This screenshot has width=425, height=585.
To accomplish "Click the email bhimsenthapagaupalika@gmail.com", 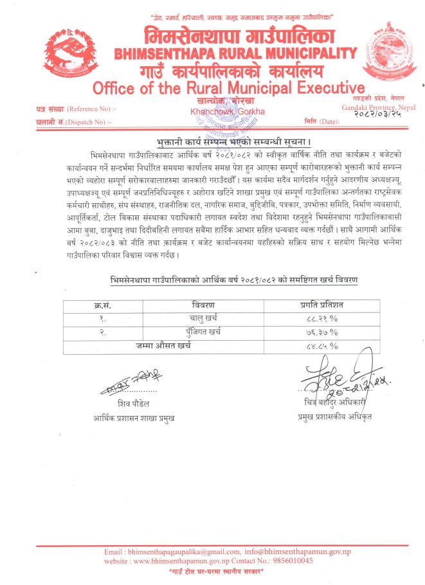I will click(x=176, y=552).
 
